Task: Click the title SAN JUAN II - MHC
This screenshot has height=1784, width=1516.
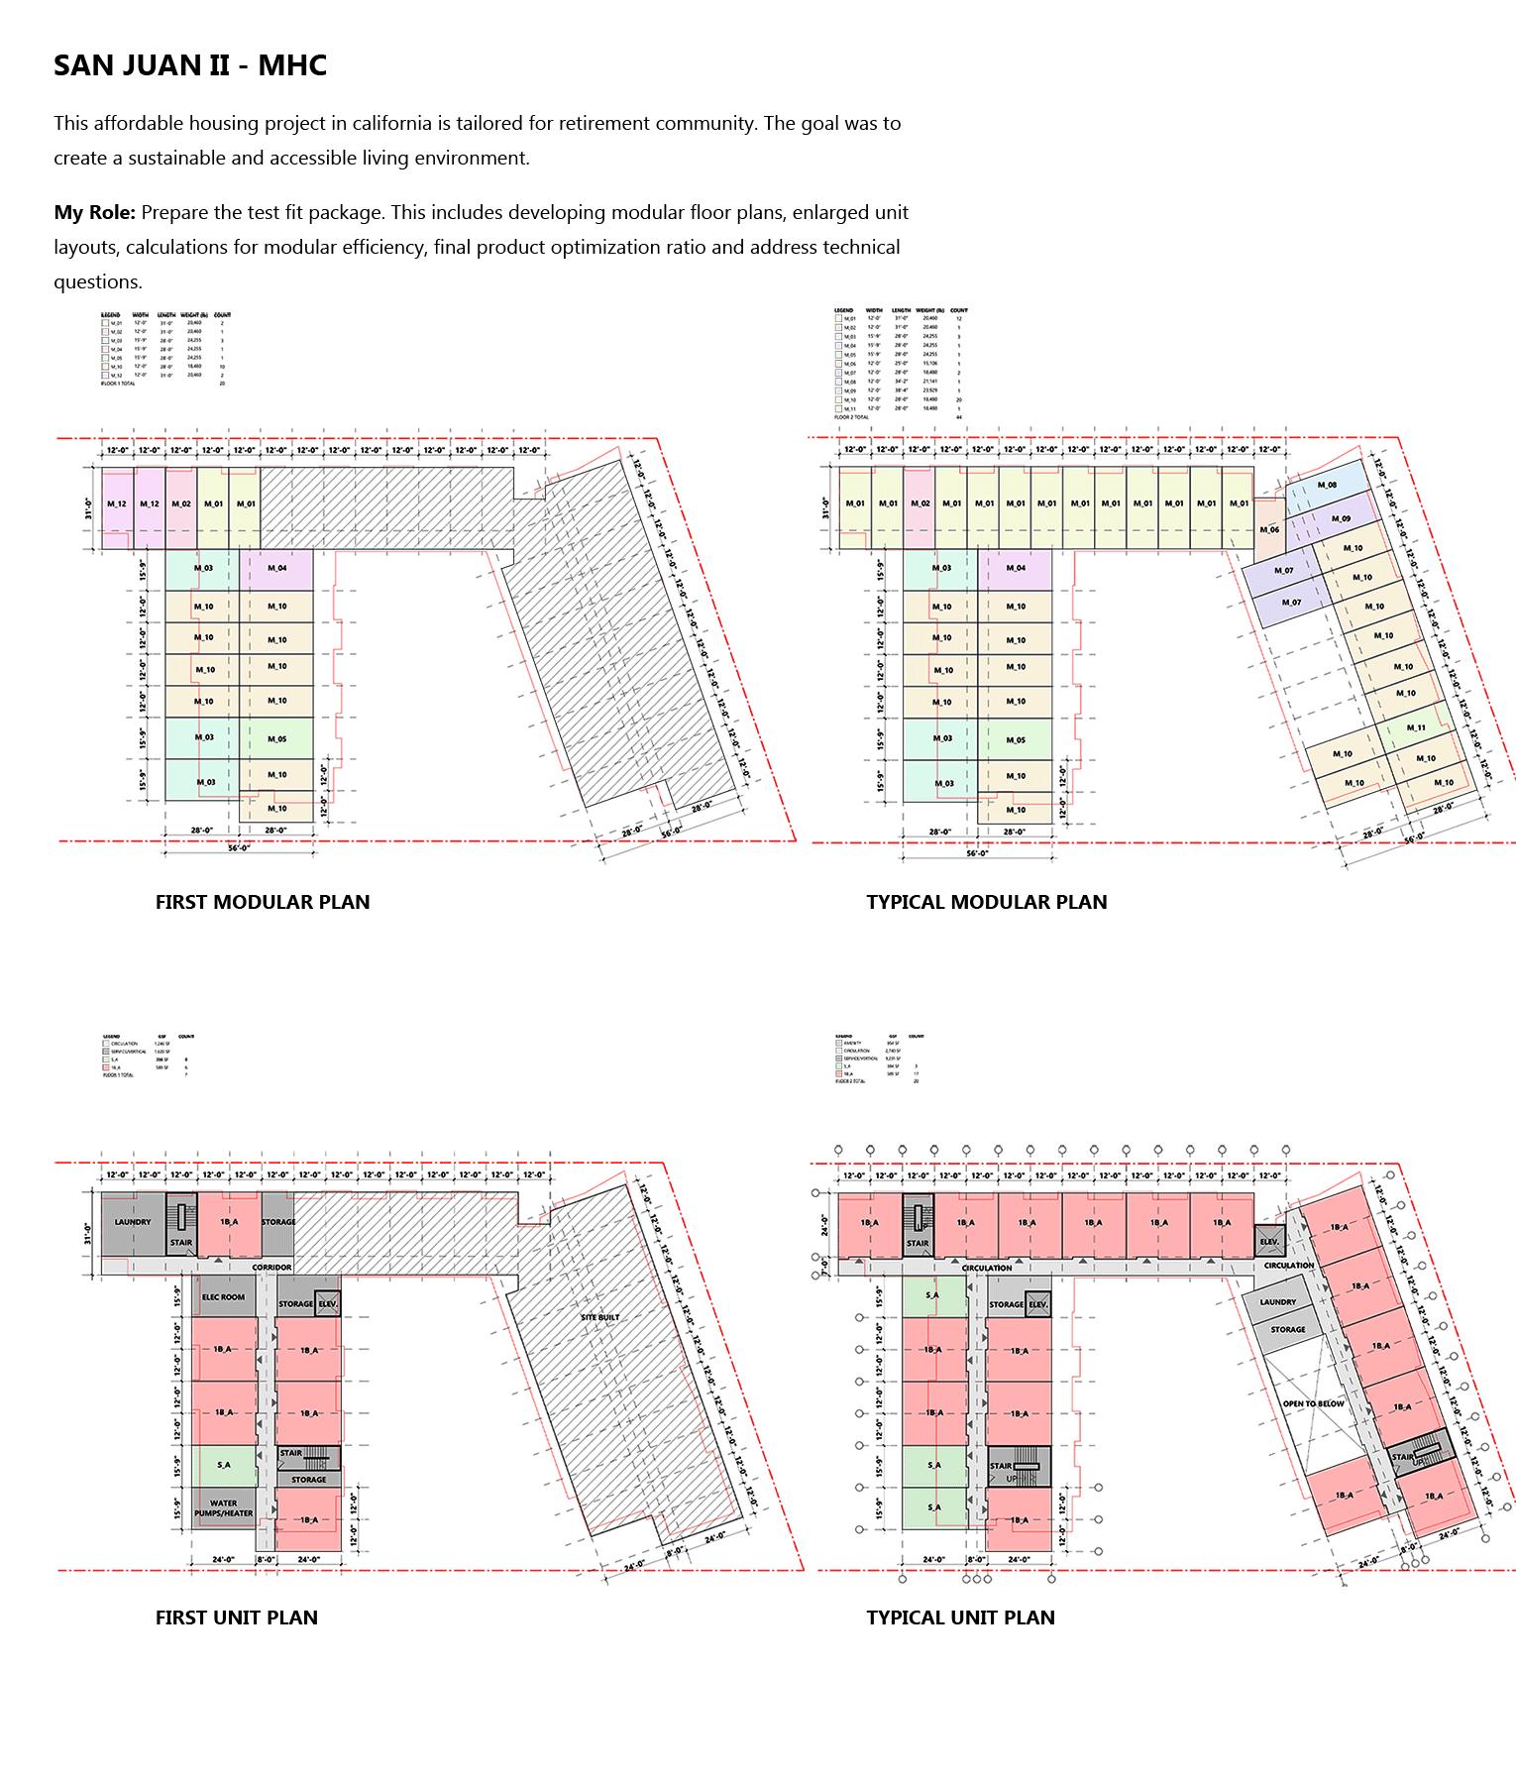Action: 190,66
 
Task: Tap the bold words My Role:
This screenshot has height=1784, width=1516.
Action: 94,212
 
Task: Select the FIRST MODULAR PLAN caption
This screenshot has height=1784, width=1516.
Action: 263,902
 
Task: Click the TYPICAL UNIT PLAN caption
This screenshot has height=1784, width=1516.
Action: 960,1617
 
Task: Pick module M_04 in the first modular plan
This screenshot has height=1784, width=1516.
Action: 276,568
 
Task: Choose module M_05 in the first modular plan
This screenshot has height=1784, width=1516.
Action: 276,739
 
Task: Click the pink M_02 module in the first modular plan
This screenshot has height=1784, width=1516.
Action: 180,504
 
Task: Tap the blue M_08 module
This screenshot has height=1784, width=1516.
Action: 1327,486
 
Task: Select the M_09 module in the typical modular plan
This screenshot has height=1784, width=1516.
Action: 1341,518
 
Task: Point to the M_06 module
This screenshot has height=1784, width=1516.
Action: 1268,529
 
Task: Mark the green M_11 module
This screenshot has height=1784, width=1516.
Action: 1416,727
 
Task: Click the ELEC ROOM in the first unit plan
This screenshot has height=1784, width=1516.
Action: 223,1297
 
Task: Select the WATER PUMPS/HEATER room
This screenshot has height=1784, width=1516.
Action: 223,1508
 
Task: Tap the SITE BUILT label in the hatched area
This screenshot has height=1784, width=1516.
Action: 600,1317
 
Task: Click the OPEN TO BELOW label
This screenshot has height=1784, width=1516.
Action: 1312,1404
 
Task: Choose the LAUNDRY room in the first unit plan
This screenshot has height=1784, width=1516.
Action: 132,1222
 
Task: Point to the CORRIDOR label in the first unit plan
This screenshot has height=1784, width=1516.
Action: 271,1268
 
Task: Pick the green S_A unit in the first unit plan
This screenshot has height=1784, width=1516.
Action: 223,1464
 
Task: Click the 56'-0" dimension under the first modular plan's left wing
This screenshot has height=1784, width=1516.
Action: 239,848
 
